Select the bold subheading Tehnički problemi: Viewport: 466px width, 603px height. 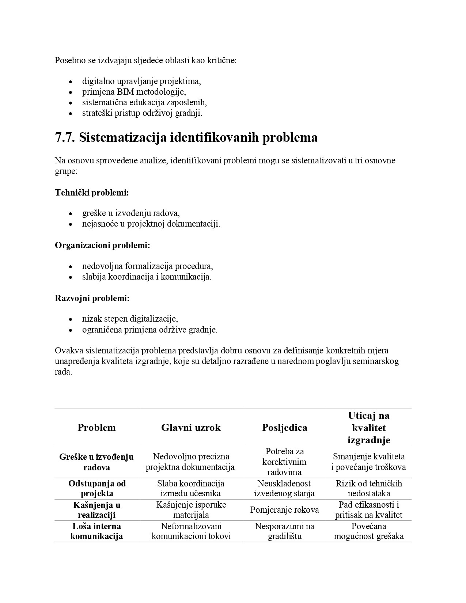pos(92,192)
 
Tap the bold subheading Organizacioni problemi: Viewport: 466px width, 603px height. pos(102,245)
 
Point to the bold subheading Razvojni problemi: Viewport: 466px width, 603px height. pos(92,298)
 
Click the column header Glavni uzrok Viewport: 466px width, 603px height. pos(191,428)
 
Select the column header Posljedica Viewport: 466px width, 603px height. pos(284,428)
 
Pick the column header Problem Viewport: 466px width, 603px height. pos(96,428)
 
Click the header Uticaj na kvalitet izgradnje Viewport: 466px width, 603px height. pos(368,428)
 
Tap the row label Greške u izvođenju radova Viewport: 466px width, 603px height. pos(96,462)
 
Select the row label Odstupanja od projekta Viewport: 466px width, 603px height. pos(97,488)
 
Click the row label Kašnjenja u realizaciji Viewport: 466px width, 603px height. pos(97,510)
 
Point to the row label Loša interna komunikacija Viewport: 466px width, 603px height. pos(96,531)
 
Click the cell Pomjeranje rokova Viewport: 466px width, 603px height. pos(284,510)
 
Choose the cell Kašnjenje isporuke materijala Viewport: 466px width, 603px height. pos(191,510)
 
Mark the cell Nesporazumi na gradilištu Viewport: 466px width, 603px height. pos(284,531)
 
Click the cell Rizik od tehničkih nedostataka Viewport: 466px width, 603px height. pos(368,488)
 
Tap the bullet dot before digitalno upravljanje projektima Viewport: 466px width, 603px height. pos(71,81)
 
